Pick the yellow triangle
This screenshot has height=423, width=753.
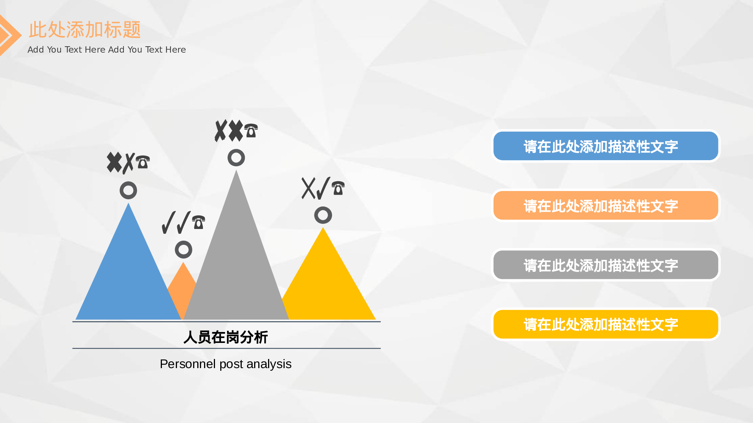pos(328,286)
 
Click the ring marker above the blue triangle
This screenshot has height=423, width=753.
pos(128,191)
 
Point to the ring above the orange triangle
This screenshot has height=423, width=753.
pos(183,250)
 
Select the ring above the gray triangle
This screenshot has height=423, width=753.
pos(236,158)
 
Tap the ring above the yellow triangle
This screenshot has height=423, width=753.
pos(323,215)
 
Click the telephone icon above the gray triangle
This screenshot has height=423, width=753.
pos(251,130)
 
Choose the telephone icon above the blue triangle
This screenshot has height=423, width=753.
pos(143,162)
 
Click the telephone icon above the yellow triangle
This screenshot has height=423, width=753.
pos(338,188)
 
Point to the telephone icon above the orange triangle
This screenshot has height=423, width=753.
pos(198,222)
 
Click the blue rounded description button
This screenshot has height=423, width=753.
pos(605,146)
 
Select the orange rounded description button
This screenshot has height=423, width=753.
pos(605,206)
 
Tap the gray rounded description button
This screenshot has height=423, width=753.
pos(605,265)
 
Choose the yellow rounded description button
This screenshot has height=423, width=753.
pos(605,324)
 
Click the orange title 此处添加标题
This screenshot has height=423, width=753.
pos(85,30)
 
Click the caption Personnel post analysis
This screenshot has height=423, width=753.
pos(226,364)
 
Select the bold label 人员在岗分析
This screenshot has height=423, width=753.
pos(226,337)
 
